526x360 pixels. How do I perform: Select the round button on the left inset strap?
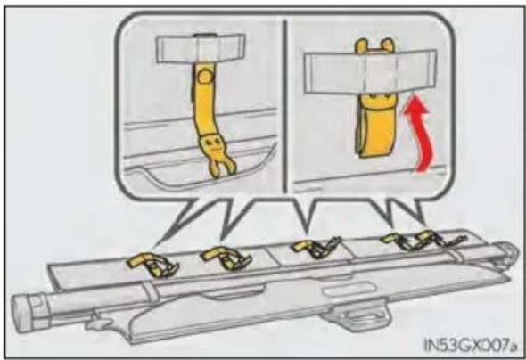pyautogui.click(x=203, y=78)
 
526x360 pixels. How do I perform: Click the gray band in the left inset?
pyautogui.click(x=201, y=48)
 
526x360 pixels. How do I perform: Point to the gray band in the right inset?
pyautogui.click(x=370, y=70)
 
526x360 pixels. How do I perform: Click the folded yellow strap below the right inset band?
pyautogui.click(x=375, y=125)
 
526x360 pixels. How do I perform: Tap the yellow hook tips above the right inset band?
pyautogui.click(x=374, y=45)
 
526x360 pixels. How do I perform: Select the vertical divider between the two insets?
pyautogui.click(x=284, y=106)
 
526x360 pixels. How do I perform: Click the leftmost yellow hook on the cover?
pyautogui.click(x=152, y=265)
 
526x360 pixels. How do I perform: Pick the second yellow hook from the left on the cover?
pyautogui.click(x=226, y=258)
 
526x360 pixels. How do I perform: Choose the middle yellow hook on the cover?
pyautogui.click(x=316, y=248)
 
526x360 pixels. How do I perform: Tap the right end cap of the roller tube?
pyautogui.click(x=509, y=254)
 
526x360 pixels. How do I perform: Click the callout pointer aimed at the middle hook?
pyautogui.click(x=304, y=215)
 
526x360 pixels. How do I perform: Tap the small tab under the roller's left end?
pyautogui.click(x=98, y=322)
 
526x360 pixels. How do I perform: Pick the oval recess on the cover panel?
pyautogui.click(x=349, y=290)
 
